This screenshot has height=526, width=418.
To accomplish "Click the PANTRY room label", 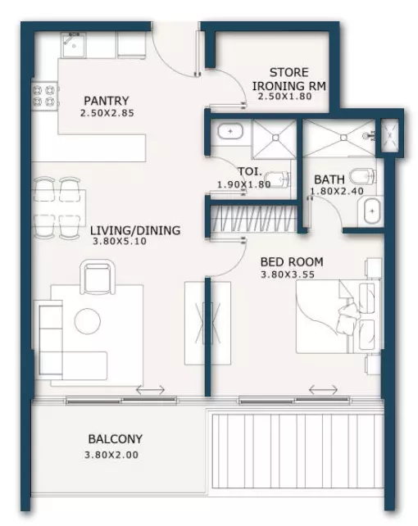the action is click(x=107, y=101).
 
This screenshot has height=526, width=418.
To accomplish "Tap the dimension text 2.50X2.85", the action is click(x=107, y=113).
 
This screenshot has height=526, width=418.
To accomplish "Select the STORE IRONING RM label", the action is click(x=289, y=79).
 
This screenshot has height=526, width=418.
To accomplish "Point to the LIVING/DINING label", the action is click(x=135, y=230).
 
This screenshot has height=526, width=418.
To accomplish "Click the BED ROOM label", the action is click(x=292, y=261).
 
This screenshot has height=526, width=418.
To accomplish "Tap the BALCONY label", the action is click(x=115, y=439).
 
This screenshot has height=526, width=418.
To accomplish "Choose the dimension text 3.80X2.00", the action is click(x=111, y=455).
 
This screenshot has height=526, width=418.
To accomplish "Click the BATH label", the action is click(x=329, y=179).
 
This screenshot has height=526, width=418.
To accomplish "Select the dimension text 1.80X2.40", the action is click(x=337, y=191).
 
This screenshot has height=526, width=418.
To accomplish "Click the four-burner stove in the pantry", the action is click(x=44, y=96).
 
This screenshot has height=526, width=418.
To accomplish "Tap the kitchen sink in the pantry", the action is click(x=74, y=44).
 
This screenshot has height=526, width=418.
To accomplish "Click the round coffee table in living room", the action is click(x=88, y=320).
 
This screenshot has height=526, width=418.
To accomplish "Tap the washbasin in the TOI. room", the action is click(x=230, y=131).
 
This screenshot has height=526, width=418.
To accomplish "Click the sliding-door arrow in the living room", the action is click(x=151, y=390).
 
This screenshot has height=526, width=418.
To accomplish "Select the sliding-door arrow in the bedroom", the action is click(x=323, y=389).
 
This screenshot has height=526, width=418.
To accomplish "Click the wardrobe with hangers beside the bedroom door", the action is click(x=254, y=219).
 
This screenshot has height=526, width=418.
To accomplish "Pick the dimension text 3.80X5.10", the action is click(x=120, y=241).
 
